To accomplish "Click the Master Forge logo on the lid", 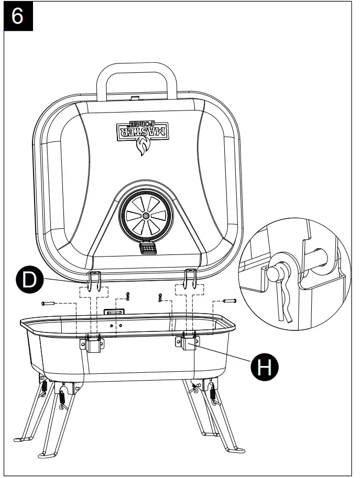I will point(142,129).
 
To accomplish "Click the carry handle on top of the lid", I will point(136,79).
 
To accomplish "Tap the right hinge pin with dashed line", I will point(230,301).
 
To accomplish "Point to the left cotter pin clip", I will point(127,296).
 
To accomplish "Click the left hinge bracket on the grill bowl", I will point(92,343).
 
